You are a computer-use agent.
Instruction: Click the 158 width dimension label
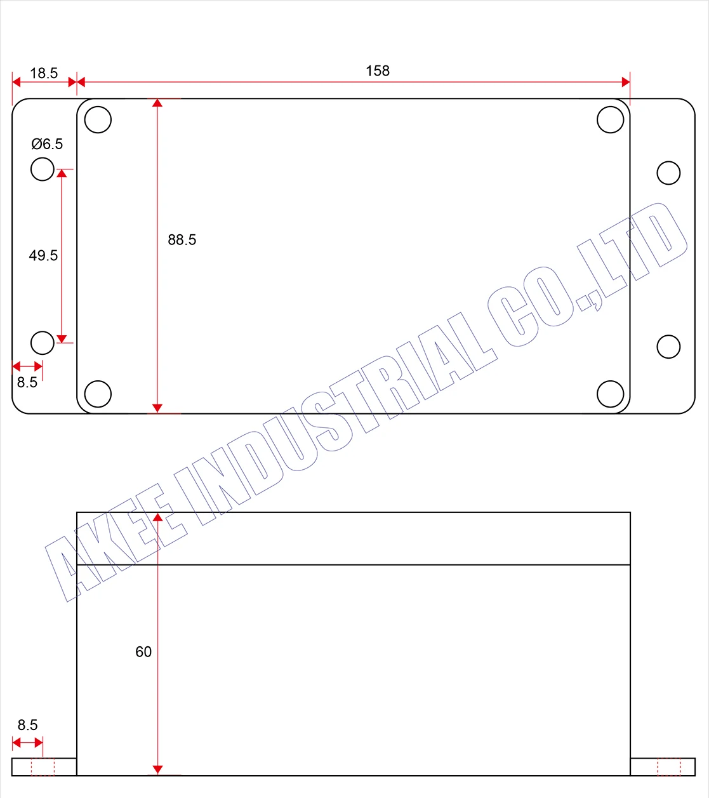(378, 71)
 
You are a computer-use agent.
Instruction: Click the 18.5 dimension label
(44, 73)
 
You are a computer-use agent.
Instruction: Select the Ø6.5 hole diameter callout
(48, 144)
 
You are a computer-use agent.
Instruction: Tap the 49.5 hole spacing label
(43, 255)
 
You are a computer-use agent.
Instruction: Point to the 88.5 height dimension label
(182, 240)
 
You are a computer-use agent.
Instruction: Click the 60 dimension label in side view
(143, 652)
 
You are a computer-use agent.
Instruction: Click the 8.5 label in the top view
(27, 382)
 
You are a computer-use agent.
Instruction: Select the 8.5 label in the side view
(27, 725)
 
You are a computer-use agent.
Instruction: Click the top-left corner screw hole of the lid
(98, 119)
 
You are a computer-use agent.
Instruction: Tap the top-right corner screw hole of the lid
(611, 119)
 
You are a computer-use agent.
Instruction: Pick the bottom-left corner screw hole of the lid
(98, 394)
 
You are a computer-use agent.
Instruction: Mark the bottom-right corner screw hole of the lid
(611, 394)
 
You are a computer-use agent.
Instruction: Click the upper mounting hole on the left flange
(43, 169)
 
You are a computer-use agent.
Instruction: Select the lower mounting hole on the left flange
(43, 343)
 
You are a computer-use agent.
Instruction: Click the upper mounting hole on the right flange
(668, 173)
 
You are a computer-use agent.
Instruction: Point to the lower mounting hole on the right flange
(668, 347)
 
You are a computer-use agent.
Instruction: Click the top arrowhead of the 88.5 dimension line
(157, 103)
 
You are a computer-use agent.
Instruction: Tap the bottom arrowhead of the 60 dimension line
(157, 770)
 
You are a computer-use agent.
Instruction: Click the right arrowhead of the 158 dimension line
(626, 81)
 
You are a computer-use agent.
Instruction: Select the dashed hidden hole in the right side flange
(669, 767)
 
